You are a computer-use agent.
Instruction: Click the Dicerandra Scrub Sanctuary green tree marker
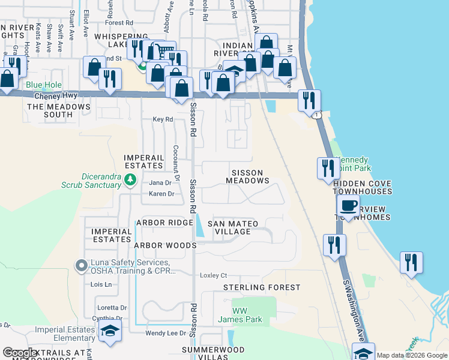pyautogui.click(x=129, y=179)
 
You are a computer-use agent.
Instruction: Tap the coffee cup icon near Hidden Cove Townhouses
pyautogui.click(x=348, y=206)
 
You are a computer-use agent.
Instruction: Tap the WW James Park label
pyautogui.click(x=240, y=315)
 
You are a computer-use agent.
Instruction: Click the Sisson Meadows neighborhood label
pyautogui.click(x=247, y=176)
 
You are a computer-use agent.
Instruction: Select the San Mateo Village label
pyautogui.click(x=233, y=228)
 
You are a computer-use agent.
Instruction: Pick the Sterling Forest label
pyautogui.click(x=261, y=287)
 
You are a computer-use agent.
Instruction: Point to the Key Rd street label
pyautogui.click(x=163, y=119)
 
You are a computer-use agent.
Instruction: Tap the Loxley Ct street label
pyautogui.click(x=213, y=275)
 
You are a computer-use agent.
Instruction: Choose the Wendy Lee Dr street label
pyautogui.click(x=166, y=333)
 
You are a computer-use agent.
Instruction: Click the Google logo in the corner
pyautogui.click(x=20, y=353)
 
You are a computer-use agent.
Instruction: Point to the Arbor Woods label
pyautogui.click(x=165, y=245)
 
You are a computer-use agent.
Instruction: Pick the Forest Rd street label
pyautogui.click(x=118, y=23)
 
